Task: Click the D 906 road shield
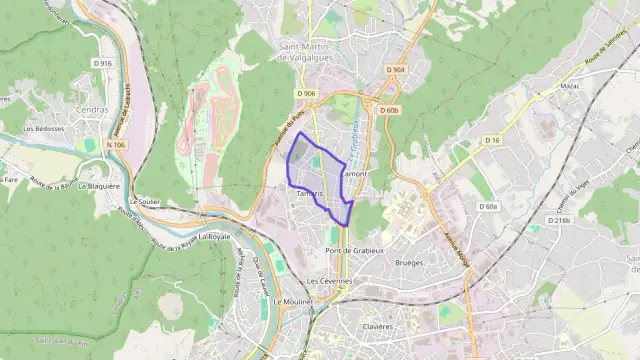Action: (x=306, y=94)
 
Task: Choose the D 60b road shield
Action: (x=388, y=110)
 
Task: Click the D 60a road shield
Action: (x=487, y=206)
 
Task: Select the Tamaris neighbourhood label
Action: (x=311, y=193)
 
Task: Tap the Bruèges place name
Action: (x=410, y=263)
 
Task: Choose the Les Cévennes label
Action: (x=329, y=281)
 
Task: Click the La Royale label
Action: (x=214, y=237)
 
